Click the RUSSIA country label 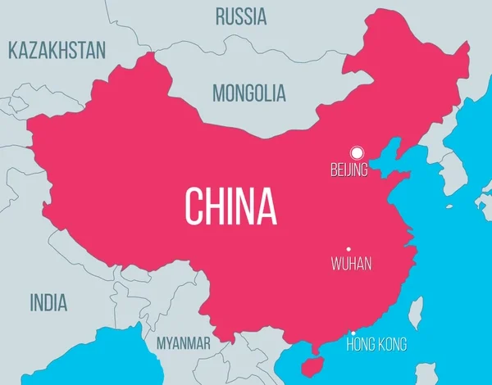click(x=240, y=16)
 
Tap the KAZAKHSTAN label click(x=57, y=50)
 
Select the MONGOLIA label click(x=249, y=93)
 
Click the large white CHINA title click(x=230, y=206)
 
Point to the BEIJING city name click(x=348, y=170)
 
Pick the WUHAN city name click(x=351, y=264)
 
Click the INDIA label click(x=49, y=302)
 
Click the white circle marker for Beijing click(x=356, y=152)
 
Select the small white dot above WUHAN click(x=348, y=249)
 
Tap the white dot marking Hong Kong click(x=353, y=333)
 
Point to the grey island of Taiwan click(x=416, y=310)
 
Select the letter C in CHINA click(x=194, y=206)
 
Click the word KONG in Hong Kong click(x=390, y=345)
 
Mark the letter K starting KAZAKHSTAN click(x=13, y=50)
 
